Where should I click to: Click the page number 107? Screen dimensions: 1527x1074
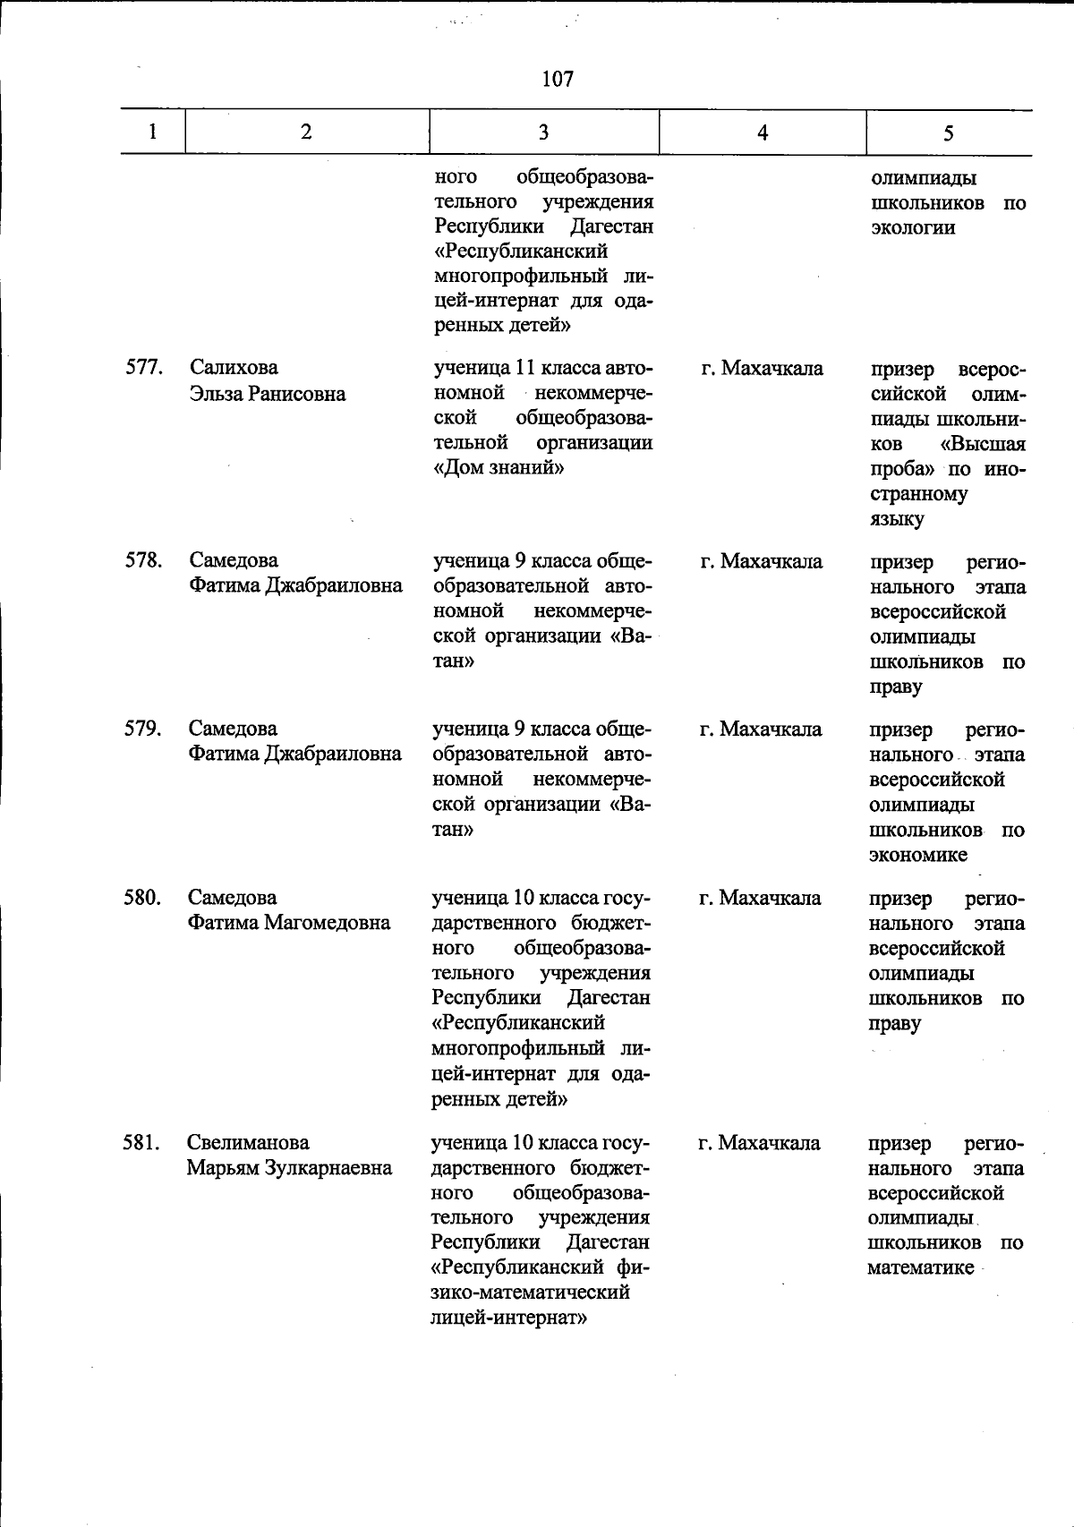(557, 80)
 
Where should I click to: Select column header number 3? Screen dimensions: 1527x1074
(543, 132)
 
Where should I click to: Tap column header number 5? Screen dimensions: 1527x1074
(948, 132)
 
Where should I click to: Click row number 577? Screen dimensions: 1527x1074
(142, 368)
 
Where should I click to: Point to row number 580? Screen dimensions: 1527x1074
(142, 898)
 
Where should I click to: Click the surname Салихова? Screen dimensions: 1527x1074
(234, 368)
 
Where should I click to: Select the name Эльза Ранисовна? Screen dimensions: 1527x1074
(268, 394)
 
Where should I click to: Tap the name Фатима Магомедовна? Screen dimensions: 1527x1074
(289, 923)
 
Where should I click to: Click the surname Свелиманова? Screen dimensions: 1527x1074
(248, 1143)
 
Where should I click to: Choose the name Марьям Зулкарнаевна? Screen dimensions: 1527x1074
(289, 1168)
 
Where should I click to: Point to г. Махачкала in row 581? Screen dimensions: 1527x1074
(759, 1143)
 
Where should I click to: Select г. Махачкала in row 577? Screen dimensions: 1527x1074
(763, 368)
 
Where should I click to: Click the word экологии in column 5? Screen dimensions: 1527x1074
(913, 227)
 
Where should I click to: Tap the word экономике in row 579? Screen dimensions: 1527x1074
(917, 855)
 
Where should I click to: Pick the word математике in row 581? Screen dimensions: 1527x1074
(920, 1267)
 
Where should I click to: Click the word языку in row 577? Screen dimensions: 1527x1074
(896, 519)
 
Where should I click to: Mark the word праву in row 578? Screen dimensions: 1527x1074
(895, 687)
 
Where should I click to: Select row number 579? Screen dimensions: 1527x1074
(142, 729)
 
